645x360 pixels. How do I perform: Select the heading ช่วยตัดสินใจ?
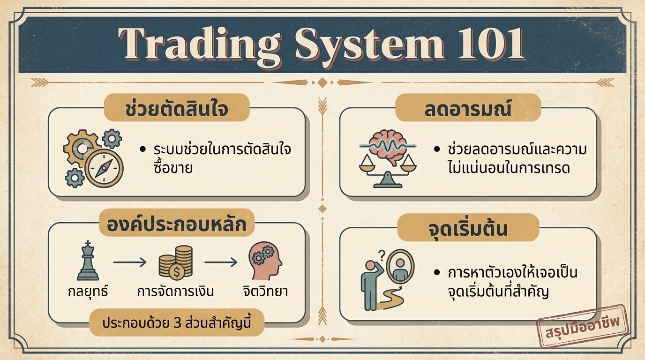(x=176, y=108)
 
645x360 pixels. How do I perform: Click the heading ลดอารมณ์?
(x=468, y=108)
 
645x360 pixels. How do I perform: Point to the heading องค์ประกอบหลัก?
(x=176, y=225)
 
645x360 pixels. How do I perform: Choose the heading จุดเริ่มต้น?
(x=468, y=229)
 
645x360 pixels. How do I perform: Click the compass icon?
(x=104, y=168)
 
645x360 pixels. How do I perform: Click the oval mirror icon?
(x=402, y=266)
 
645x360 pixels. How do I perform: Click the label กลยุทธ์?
(x=87, y=291)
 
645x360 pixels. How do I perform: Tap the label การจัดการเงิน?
(x=175, y=291)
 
